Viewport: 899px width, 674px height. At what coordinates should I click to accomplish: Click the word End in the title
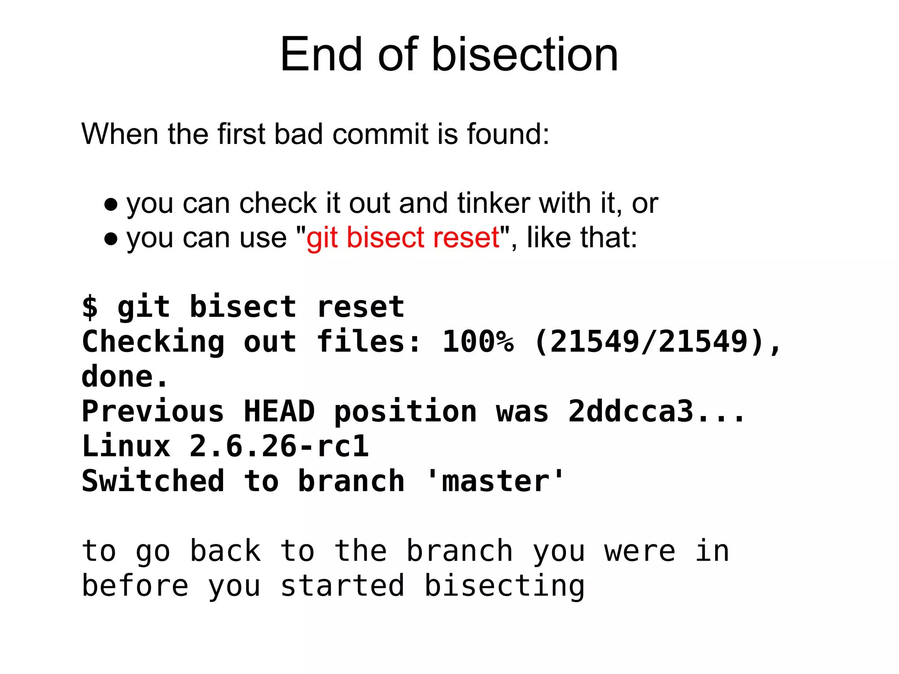tap(321, 55)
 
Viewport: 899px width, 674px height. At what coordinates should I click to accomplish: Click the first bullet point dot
tap(111, 204)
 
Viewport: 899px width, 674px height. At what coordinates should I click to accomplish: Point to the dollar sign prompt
tap(90, 307)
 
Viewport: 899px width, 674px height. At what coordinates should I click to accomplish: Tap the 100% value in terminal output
tap(478, 342)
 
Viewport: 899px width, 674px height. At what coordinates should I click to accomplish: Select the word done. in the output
tap(125, 377)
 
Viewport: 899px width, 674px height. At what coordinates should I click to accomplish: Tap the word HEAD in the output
tap(279, 412)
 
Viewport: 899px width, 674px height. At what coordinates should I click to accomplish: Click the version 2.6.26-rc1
tap(279, 447)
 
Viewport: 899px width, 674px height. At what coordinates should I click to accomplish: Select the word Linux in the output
tap(126, 447)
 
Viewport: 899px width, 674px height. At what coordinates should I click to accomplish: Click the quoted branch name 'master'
tap(495, 481)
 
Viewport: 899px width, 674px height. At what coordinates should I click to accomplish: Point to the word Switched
tap(153, 481)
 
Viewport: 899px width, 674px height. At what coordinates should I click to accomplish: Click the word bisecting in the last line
tap(505, 586)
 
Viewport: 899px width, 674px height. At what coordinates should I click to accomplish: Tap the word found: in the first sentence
tap(507, 134)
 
